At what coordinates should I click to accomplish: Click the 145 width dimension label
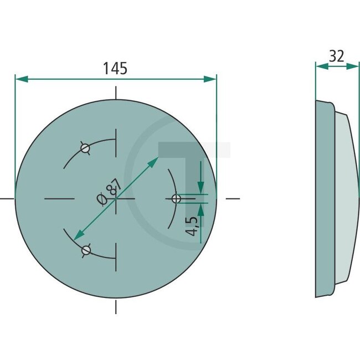point(115,69)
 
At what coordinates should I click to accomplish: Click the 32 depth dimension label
point(336,56)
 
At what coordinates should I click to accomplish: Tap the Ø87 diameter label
point(108,192)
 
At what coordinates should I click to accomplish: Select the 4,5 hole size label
point(192,227)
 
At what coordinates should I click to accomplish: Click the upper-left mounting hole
point(85,148)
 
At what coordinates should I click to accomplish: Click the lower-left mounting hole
point(85,250)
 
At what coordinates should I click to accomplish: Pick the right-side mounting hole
point(176,198)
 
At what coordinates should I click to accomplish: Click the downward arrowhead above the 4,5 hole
point(200,188)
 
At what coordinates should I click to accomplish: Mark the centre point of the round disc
point(116,198)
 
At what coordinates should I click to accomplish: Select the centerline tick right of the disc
point(233,198)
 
